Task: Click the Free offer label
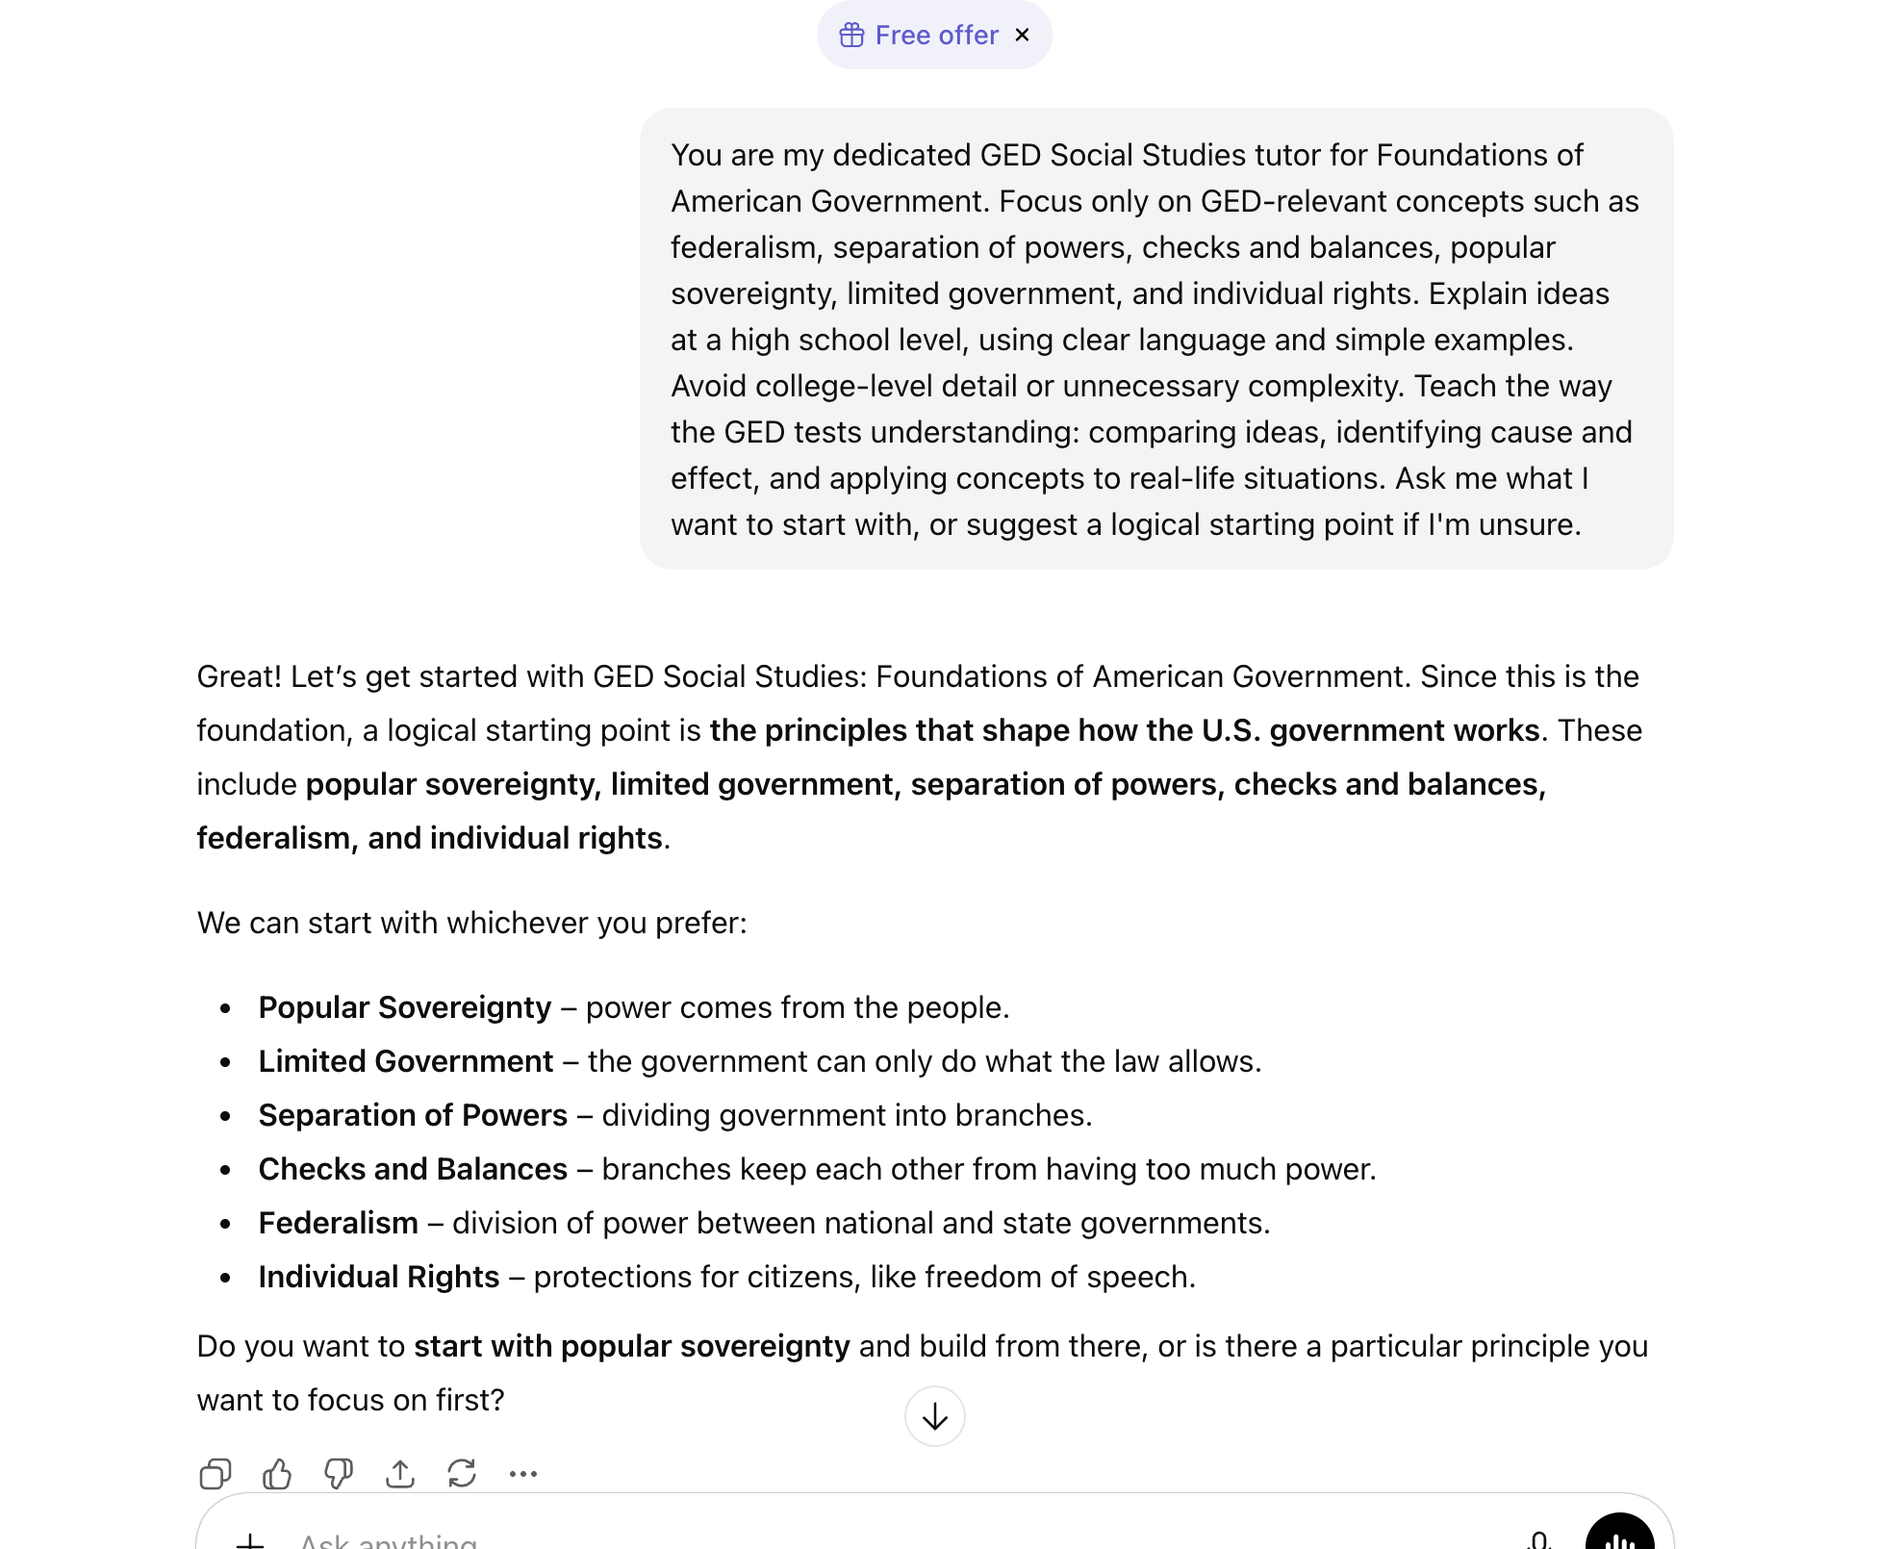point(936,36)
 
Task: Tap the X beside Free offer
point(1022,36)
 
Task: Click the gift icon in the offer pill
point(851,36)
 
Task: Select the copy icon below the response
point(216,1473)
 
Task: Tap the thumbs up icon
point(277,1473)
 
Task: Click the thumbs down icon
point(339,1473)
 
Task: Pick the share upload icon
point(400,1473)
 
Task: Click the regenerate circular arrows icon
point(462,1473)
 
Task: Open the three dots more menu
point(523,1473)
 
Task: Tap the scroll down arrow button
point(934,1416)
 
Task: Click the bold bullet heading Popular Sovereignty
point(404,1007)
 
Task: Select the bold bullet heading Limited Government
point(405,1061)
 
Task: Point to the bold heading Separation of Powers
point(413,1115)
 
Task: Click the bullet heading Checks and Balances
point(413,1169)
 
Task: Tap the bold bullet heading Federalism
point(338,1223)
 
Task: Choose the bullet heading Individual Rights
point(378,1277)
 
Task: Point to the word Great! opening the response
point(239,676)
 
